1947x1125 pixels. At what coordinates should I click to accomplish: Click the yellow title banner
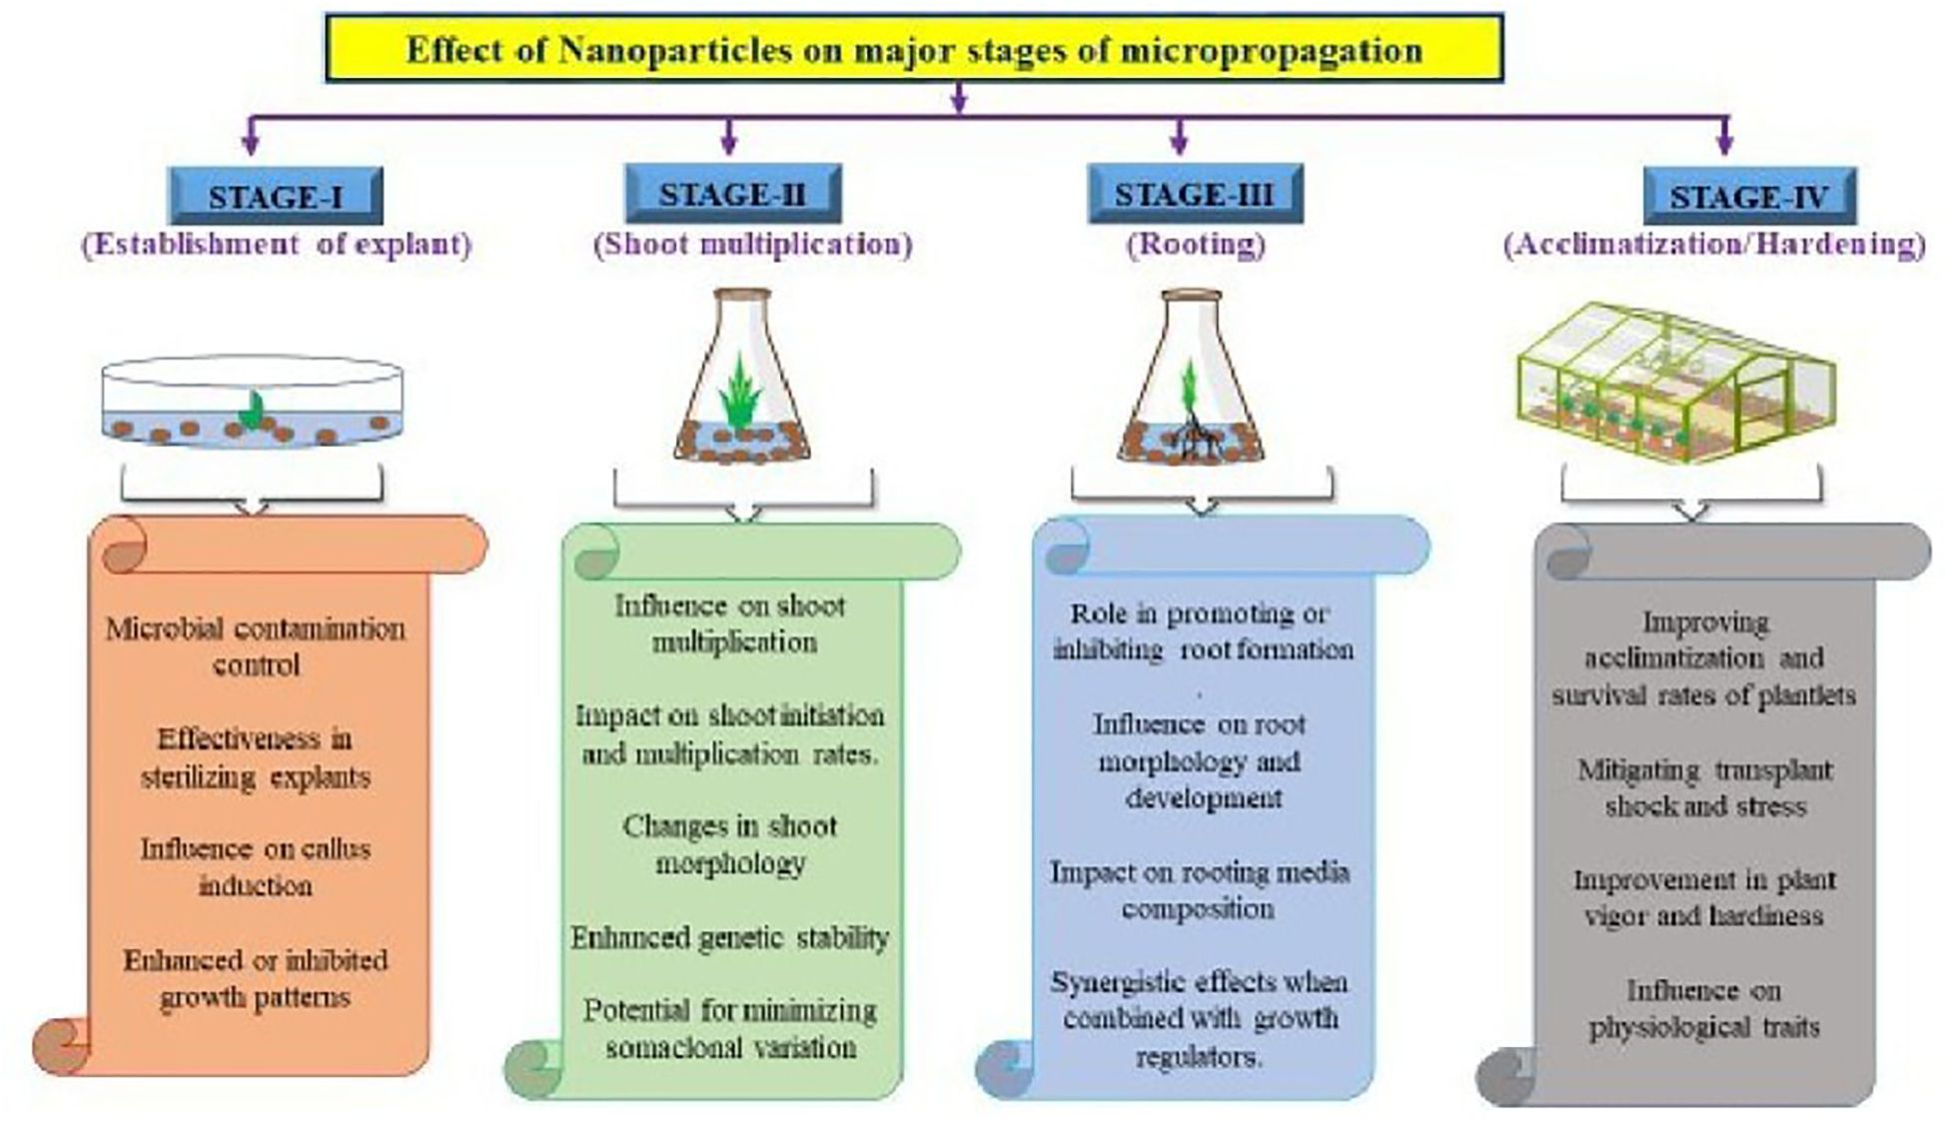(914, 48)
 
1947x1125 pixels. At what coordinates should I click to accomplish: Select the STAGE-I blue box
(276, 196)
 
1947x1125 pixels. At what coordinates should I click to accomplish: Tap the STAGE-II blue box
(732, 193)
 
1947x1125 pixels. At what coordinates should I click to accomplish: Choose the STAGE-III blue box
(1195, 193)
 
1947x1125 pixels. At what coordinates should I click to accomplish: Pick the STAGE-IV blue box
(1749, 196)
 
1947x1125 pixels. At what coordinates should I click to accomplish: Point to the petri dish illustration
(252, 402)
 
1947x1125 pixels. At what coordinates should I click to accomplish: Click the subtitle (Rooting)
(1196, 245)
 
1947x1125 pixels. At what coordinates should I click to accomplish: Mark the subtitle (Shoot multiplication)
(752, 245)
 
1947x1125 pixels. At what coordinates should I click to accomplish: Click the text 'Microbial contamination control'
(256, 646)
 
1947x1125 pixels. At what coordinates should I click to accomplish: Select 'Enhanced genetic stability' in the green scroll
(730, 937)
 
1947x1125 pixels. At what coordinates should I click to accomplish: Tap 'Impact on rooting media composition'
(1199, 890)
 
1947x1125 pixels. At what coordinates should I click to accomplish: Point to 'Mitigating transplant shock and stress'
(1705, 788)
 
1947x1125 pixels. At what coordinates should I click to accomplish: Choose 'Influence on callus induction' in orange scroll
(256, 866)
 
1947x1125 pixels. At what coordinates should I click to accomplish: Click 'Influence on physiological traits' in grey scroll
(1704, 1008)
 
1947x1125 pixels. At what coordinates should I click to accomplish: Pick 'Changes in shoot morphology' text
(730, 844)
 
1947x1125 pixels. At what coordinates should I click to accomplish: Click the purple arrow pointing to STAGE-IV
(1724, 138)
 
